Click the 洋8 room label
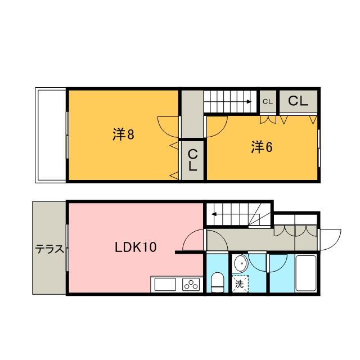click(x=123, y=134)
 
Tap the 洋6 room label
click(x=262, y=147)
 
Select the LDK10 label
click(x=136, y=247)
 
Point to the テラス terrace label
click(x=49, y=249)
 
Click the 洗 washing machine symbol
click(x=240, y=284)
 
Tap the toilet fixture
click(x=217, y=282)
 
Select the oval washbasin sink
click(x=240, y=264)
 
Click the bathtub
click(x=306, y=273)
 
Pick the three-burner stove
click(x=191, y=284)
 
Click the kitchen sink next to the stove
click(x=165, y=284)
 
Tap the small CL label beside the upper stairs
click(x=268, y=102)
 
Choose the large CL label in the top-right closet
click(x=298, y=101)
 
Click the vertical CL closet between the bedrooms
click(x=193, y=160)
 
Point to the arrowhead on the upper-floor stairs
click(x=249, y=102)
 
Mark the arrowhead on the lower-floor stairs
click(x=214, y=214)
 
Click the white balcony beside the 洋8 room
click(x=51, y=135)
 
